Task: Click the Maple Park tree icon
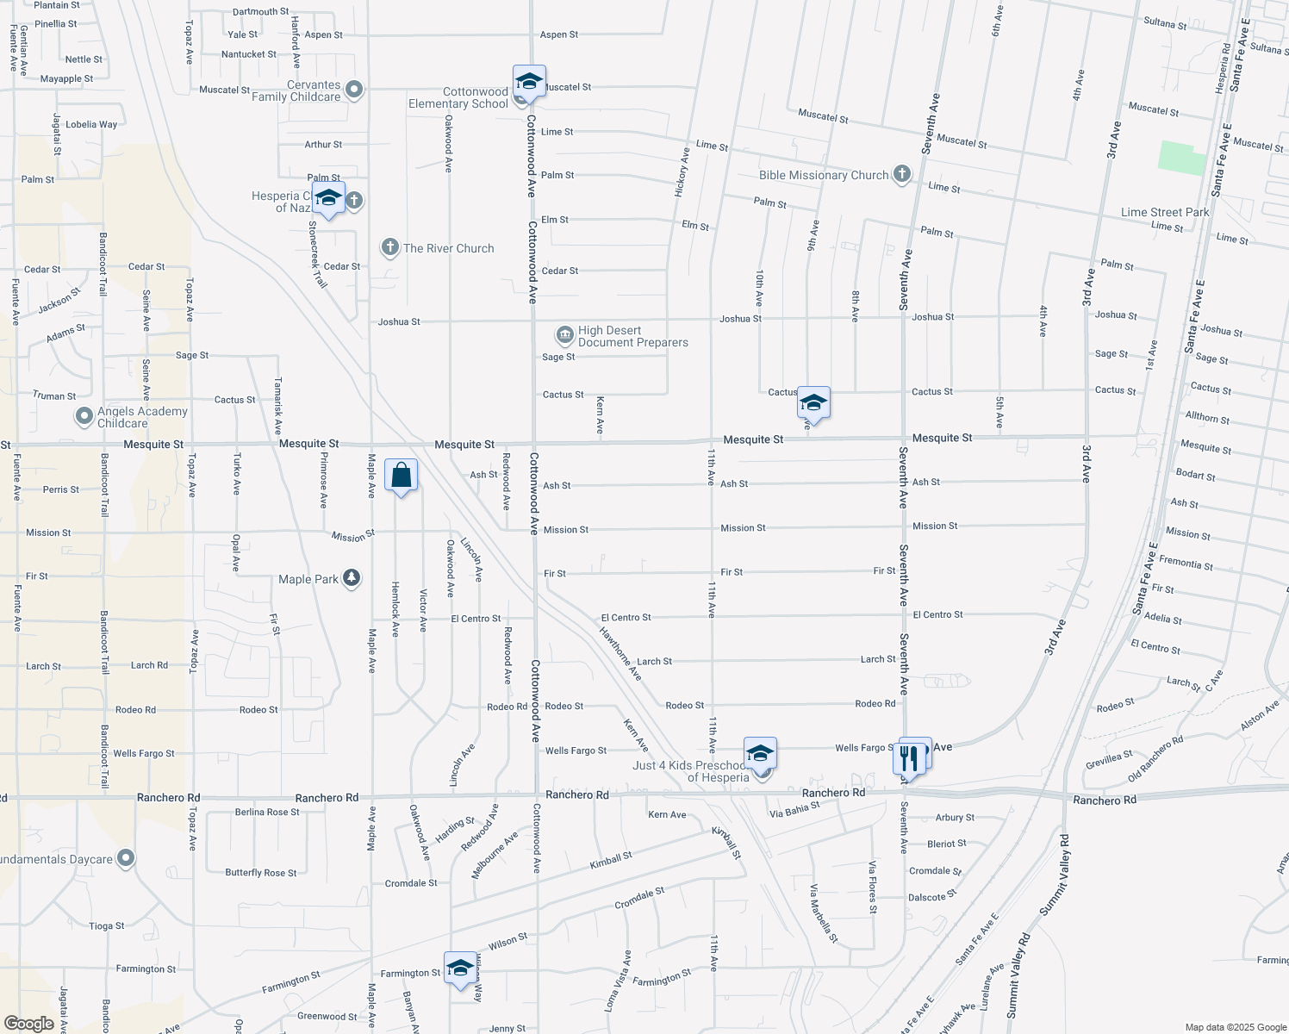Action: [351, 578]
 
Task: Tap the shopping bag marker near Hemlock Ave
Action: [401, 476]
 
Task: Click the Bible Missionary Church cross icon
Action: [901, 175]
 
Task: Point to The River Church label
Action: [448, 248]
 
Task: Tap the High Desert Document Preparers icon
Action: [564, 334]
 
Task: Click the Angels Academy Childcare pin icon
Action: [84, 417]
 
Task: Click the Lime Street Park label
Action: [1165, 212]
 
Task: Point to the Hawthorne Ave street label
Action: [620, 652]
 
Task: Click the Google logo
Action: [28, 1024]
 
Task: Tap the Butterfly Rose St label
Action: [260, 873]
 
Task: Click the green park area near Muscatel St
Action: [1181, 158]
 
